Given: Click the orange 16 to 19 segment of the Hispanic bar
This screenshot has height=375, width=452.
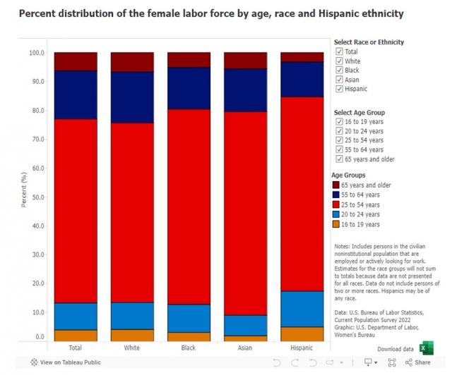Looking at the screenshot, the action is point(302,334).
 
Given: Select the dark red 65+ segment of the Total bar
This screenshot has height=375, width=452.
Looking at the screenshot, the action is point(76,61).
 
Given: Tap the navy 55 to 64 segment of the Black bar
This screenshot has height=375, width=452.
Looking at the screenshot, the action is point(189,88).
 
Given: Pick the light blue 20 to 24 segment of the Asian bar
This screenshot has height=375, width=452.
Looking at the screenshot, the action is point(246,326).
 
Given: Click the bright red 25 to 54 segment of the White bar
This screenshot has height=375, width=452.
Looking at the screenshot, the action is point(132,213).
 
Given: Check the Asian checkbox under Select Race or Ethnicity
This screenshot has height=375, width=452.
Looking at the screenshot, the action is point(339,80).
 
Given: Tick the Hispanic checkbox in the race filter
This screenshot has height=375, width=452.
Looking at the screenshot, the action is point(339,89).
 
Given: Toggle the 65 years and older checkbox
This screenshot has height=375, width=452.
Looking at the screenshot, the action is point(339,159).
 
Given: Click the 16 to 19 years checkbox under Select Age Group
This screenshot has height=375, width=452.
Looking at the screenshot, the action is point(339,121).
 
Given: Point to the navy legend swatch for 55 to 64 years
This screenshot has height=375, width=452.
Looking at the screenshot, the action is point(336,195).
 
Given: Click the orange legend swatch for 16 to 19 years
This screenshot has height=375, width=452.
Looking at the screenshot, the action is point(336,224).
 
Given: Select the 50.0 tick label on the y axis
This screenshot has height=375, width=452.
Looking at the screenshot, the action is point(38,197).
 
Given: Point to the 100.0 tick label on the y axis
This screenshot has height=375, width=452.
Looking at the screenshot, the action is point(37,53).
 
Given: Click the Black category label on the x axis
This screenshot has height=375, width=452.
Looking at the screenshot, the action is point(189,348).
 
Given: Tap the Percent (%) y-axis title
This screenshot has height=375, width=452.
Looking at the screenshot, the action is point(24,190).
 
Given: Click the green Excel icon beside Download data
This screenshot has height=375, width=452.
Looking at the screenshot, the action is point(427,348).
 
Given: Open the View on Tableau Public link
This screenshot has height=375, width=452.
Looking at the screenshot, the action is point(66,362).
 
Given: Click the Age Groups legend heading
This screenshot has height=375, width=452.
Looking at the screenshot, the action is point(348,175).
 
